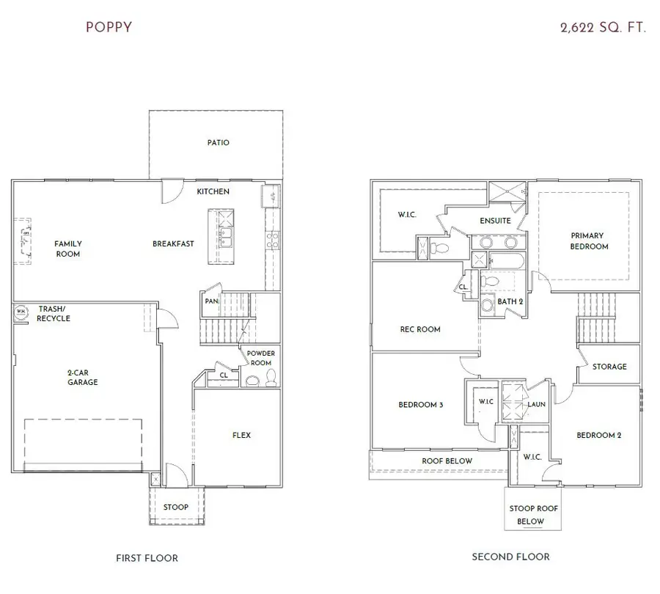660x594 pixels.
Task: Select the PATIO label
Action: pos(218,142)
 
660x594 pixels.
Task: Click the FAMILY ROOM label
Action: pos(67,249)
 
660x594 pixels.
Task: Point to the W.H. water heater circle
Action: pos(20,312)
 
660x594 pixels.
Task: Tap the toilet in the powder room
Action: pos(269,377)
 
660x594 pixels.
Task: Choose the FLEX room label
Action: pos(241,435)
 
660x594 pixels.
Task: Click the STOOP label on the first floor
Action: pos(175,507)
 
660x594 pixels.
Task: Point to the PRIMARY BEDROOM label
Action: pos(589,241)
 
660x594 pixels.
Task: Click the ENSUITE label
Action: pos(496,221)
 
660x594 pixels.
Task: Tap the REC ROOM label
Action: pos(419,329)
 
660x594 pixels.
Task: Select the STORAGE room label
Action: pos(609,366)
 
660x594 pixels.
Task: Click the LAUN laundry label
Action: pos(536,403)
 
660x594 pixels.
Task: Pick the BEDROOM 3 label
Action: pos(420,404)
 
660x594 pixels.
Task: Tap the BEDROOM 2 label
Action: pos(598,435)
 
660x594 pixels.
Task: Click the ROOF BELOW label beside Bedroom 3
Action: pos(447,461)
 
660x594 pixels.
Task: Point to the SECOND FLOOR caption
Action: pos(510,557)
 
